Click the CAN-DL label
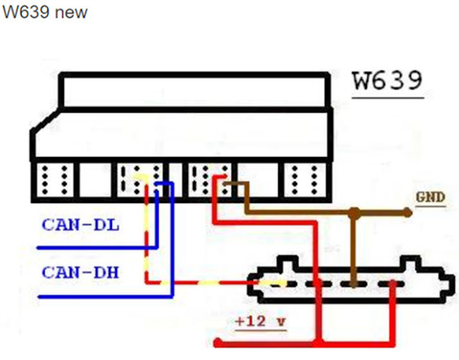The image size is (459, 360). [x=80, y=226]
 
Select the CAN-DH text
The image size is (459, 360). [x=80, y=273]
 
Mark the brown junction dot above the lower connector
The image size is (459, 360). [x=354, y=213]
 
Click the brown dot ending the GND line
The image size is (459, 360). [x=407, y=212]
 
